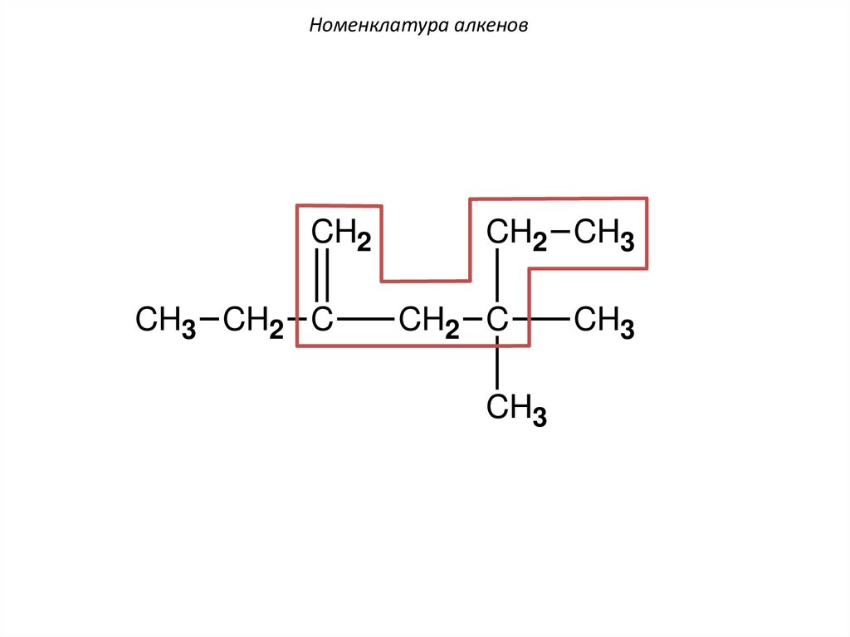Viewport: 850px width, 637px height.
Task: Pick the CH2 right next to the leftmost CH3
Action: (253, 321)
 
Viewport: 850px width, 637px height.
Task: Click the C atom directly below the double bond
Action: (322, 320)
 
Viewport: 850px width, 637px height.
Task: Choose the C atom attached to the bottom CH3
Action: (496, 320)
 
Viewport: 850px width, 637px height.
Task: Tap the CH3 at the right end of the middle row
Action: (604, 321)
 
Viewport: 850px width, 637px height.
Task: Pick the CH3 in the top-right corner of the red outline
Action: (604, 236)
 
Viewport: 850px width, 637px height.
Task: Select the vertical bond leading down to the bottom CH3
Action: (496, 364)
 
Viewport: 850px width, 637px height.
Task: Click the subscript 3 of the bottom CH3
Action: (540, 417)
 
